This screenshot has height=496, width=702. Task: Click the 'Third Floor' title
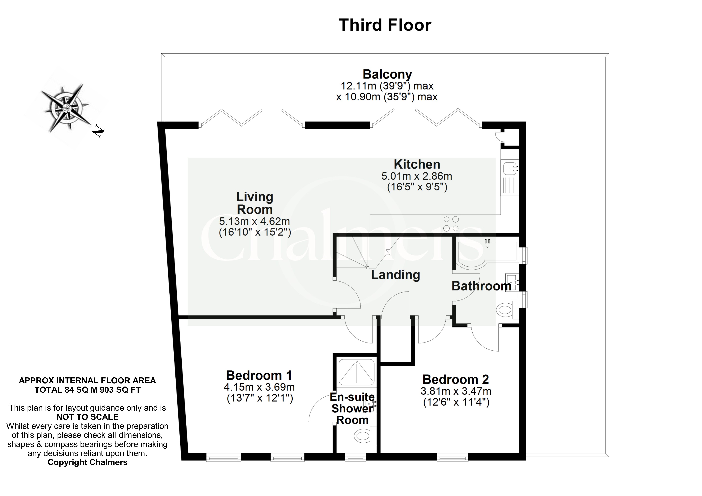(385, 25)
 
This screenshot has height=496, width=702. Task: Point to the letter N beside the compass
(98, 131)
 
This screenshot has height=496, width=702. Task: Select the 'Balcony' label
(387, 74)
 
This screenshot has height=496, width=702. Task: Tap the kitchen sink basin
(510, 168)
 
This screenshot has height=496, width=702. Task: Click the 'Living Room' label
(255, 203)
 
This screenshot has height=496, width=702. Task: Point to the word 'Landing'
(395, 275)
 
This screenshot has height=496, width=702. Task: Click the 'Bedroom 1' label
(259, 375)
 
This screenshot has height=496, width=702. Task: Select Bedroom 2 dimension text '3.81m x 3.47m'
(456, 391)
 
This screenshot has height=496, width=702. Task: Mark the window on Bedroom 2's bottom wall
(453, 457)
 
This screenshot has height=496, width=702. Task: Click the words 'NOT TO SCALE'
(87, 417)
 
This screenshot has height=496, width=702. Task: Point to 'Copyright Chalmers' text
(87, 462)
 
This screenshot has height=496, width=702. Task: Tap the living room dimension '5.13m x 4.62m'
(255, 221)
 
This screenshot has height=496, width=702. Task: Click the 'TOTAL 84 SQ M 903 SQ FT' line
(87, 390)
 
